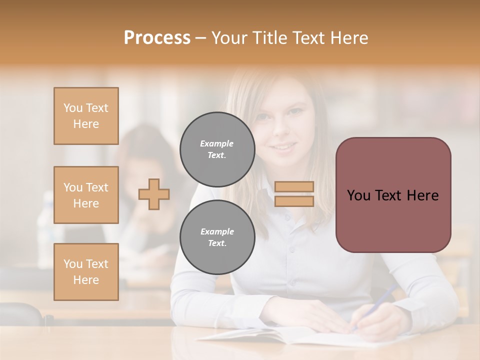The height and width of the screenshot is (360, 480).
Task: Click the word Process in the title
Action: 157,38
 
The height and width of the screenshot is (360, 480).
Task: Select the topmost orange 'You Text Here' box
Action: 86,116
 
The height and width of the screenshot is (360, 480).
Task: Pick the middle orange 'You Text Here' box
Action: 86,195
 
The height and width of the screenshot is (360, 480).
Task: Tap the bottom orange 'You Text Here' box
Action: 86,272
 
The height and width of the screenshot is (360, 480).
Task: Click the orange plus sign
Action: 154,194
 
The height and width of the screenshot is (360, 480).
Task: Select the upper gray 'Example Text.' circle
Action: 217,149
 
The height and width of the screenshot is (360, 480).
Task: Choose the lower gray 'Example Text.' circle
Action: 217,237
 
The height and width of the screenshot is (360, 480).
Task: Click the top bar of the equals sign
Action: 294,186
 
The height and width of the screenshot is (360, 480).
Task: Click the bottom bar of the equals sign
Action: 294,201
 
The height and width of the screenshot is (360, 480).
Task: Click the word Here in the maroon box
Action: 422,195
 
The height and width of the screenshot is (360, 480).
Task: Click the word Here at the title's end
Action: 348,38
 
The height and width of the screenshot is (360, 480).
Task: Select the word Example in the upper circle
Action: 216,143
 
